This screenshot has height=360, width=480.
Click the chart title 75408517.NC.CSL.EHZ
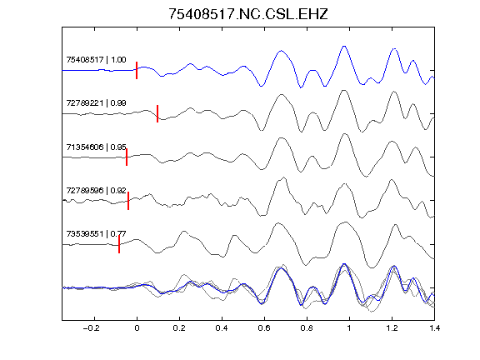248,14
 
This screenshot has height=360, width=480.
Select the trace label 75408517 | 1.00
96,59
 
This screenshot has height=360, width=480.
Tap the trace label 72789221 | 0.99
96,102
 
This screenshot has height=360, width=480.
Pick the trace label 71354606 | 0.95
96,147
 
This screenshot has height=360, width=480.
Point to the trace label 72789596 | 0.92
96,190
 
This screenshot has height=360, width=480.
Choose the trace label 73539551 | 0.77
96,234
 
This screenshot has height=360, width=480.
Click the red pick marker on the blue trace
137,70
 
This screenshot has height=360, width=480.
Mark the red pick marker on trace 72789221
157,114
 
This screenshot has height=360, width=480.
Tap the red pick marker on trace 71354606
127,157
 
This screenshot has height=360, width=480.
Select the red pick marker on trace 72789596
128,201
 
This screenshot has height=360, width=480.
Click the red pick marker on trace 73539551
119,244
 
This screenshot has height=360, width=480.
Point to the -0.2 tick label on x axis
92,328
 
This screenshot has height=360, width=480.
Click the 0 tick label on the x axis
137,328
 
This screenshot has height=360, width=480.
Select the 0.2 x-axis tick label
179,328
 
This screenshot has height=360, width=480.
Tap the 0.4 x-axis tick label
222,328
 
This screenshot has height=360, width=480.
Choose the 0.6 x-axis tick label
264,328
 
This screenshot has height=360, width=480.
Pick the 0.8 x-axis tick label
307,328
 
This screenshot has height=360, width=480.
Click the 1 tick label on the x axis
349,328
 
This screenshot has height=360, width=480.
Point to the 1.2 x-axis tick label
392,328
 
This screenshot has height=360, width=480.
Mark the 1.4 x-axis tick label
434,328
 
